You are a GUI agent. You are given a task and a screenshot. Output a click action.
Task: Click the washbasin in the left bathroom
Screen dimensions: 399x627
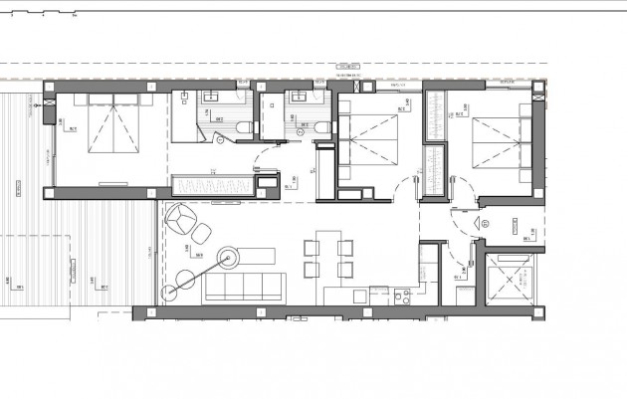pos(211,99)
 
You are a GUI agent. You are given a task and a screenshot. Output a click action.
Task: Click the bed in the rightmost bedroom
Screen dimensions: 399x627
pos(494,145)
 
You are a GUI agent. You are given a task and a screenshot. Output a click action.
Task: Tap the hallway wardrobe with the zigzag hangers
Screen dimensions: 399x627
pos(213,186)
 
